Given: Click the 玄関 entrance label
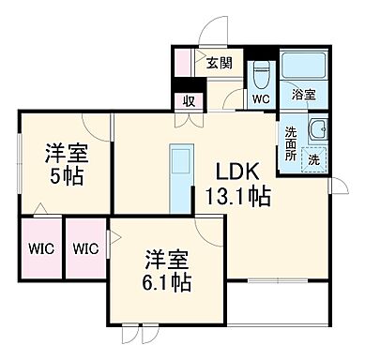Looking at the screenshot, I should pos(220,64).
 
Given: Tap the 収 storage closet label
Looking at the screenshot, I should pos(189,101).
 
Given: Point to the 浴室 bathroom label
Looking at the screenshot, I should pos(302,94).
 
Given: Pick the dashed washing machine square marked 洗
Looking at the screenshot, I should pos(314,159).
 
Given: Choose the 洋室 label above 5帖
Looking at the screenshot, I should pos(64,152).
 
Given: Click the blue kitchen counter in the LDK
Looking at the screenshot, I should pos(179,179).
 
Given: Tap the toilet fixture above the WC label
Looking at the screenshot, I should pos(261,71).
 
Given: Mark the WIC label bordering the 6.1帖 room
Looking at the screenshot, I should pos(85,248).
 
